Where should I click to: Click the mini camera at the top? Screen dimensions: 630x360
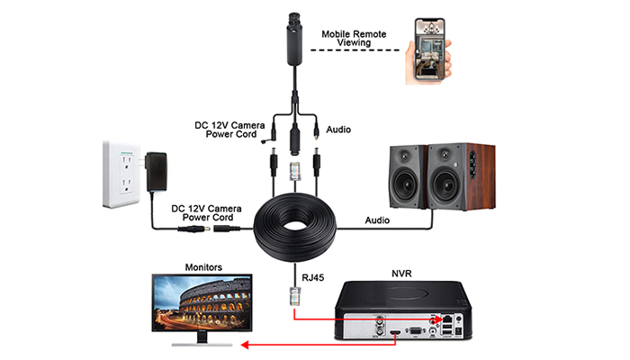tap(294, 40)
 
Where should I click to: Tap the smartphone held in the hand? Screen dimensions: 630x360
tap(429, 49)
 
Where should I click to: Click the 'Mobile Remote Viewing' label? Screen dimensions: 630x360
tap(354, 39)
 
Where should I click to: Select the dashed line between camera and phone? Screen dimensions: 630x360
tap(355, 50)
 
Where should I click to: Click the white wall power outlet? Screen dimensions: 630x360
tap(121, 174)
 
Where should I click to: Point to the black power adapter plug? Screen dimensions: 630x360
tap(156, 171)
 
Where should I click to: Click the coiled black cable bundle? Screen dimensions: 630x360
tap(295, 228)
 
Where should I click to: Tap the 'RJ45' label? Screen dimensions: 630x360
tap(312, 277)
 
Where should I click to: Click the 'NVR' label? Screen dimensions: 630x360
tap(401, 274)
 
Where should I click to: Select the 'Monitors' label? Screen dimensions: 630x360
tap(203, 267)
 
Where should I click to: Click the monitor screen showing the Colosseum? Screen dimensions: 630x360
tap(202, 302)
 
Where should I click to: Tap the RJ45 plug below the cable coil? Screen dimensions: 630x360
tap(295, 296)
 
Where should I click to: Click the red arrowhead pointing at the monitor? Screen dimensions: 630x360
tap(245, 345)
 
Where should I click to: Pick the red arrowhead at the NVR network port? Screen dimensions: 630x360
tap(438, 319)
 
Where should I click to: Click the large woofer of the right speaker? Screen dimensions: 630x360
tap(445, 186)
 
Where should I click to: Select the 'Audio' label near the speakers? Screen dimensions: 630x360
tap(377, 220)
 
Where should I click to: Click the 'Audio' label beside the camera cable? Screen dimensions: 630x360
tap(338, 130)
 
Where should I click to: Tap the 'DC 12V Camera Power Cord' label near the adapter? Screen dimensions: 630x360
tap(206, 213)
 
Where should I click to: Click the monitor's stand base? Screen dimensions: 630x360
tap(202, 345)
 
